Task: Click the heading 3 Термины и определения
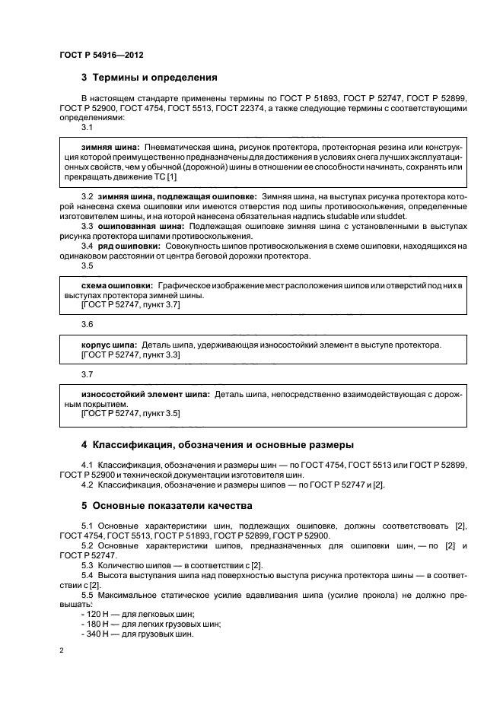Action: pyautogui.click(x=149, y=78)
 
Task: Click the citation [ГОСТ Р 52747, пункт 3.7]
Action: pyautogui.click(x=130, y=304)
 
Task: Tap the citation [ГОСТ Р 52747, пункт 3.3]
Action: pyautogui.click(x=130, y=354)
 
